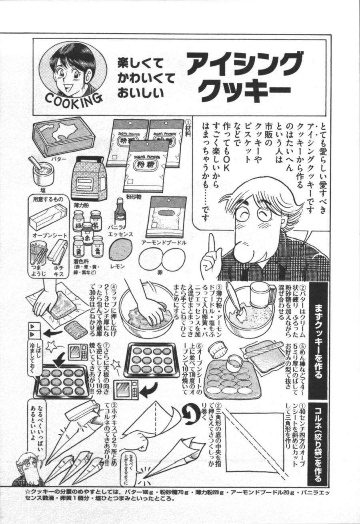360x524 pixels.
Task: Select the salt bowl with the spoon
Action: pos(40,170)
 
